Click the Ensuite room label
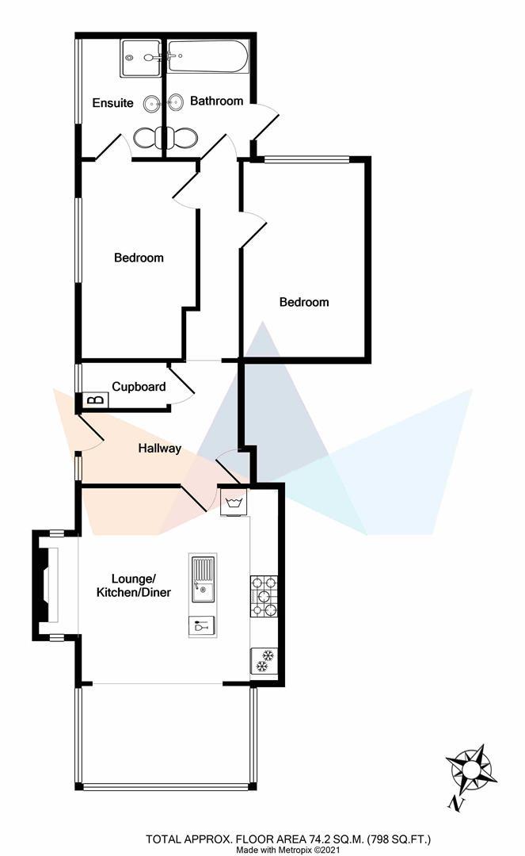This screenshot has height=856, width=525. pos(112,103)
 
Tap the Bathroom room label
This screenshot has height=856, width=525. pos(216,101)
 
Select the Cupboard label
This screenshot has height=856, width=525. pos(139,387)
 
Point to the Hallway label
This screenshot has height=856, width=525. pos(160,448)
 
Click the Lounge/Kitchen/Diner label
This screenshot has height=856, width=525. pos(133,586)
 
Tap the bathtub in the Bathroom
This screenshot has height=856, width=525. pos(208,57)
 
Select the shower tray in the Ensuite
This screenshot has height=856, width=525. pos(140,59)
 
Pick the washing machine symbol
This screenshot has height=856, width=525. pos(234,503)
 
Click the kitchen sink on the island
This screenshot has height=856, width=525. pos(201,578)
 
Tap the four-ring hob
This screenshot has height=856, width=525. pos(263,596)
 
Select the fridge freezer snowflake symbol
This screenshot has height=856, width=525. pos(262,660)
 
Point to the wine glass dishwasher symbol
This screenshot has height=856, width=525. pos(200,626)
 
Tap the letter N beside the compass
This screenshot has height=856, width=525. pos(455,803)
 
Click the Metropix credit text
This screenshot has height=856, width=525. pos(287,850)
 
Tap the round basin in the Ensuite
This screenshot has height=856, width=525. pos(151,103)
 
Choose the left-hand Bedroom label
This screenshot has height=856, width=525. pos(139,258)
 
